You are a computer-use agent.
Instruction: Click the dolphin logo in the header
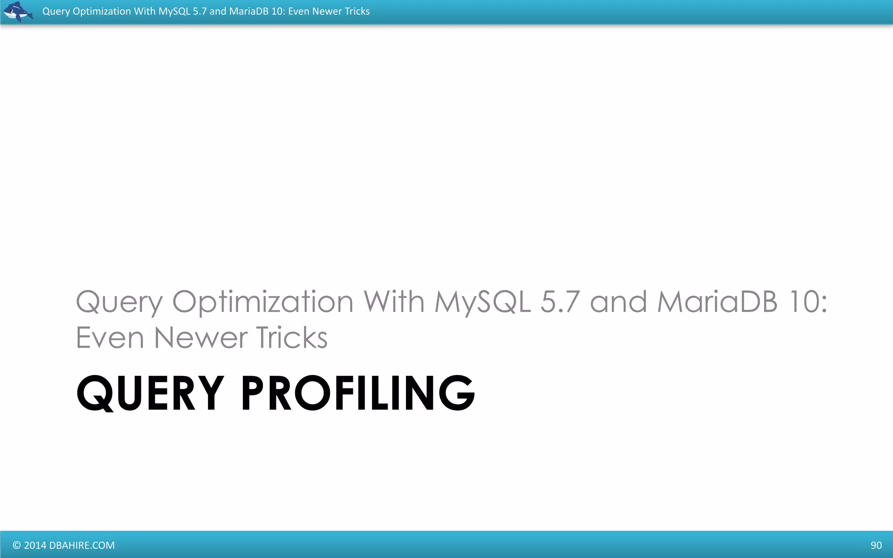pos(18,12)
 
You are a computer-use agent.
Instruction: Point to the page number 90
pos(876,545)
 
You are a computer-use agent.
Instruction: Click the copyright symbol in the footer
pos(17,545)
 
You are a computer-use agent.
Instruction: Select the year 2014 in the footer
pos(35,545)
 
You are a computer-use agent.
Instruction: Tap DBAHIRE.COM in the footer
pos(82,545)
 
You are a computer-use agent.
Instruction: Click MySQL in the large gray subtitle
pos(482,302)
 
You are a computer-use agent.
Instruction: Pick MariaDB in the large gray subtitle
pos(717,302)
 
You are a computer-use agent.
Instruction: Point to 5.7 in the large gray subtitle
pos(560,302)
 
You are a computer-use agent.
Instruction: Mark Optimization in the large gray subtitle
pos(263,302)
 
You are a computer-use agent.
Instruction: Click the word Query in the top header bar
pos(56,11)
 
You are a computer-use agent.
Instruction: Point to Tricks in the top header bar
pos(357,11)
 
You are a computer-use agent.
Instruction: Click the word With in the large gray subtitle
pos(394,302)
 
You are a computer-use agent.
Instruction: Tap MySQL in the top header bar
pos(174,11)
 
